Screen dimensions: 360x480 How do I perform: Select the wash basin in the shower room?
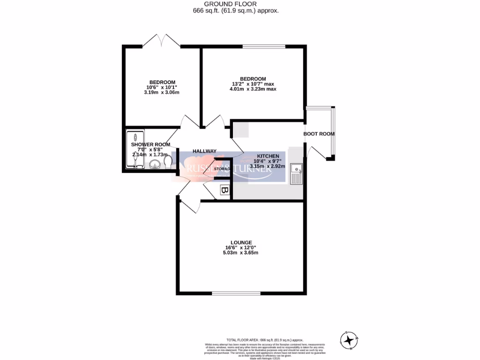tap(155, 165)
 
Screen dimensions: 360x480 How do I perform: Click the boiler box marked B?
tap(225, 191)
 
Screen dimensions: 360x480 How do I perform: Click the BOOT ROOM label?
tap(319, 134)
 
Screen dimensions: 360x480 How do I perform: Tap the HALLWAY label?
tap(204, 151)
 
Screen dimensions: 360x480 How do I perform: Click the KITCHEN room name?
tap(268, 156)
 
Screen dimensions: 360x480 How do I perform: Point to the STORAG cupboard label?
tap(221, 169)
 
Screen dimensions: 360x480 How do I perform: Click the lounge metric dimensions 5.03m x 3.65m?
tap(241, 253)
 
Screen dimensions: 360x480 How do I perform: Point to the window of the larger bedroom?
tap(263, 46)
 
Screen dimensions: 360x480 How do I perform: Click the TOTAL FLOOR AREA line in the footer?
tap(265, 340)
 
